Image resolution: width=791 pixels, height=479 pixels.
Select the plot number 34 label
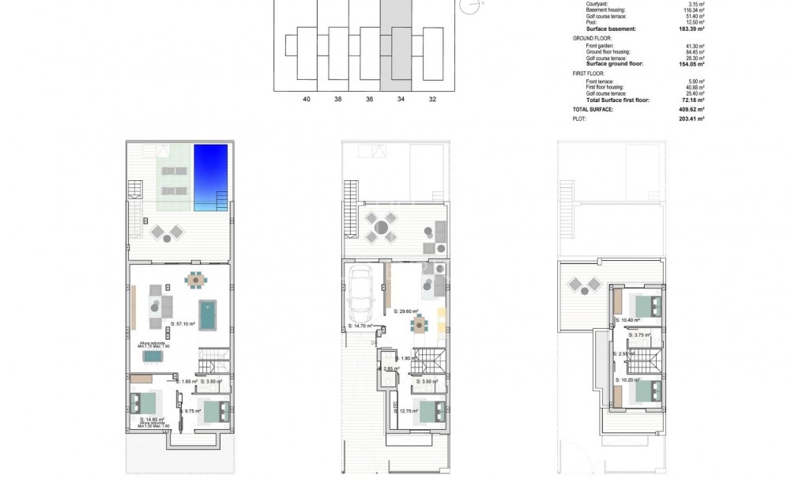(x=401, y=99)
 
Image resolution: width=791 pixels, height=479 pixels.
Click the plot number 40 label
(x=307, y=99)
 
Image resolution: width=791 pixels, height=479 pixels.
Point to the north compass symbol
(x=472, y=6)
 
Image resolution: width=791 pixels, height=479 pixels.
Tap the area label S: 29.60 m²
(x=406, y=311)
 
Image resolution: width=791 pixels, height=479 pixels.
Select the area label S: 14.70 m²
(x=360, y=326)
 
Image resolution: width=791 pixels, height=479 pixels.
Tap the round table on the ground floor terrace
(x=382, y=228)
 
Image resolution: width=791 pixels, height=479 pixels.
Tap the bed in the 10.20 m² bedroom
(x=645, y=392)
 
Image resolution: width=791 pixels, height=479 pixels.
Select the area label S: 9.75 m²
(x=192, y=411)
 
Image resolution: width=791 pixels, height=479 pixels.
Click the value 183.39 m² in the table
(x=692, y=28)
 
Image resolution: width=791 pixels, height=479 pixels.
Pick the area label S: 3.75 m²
(x=640, y=334)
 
